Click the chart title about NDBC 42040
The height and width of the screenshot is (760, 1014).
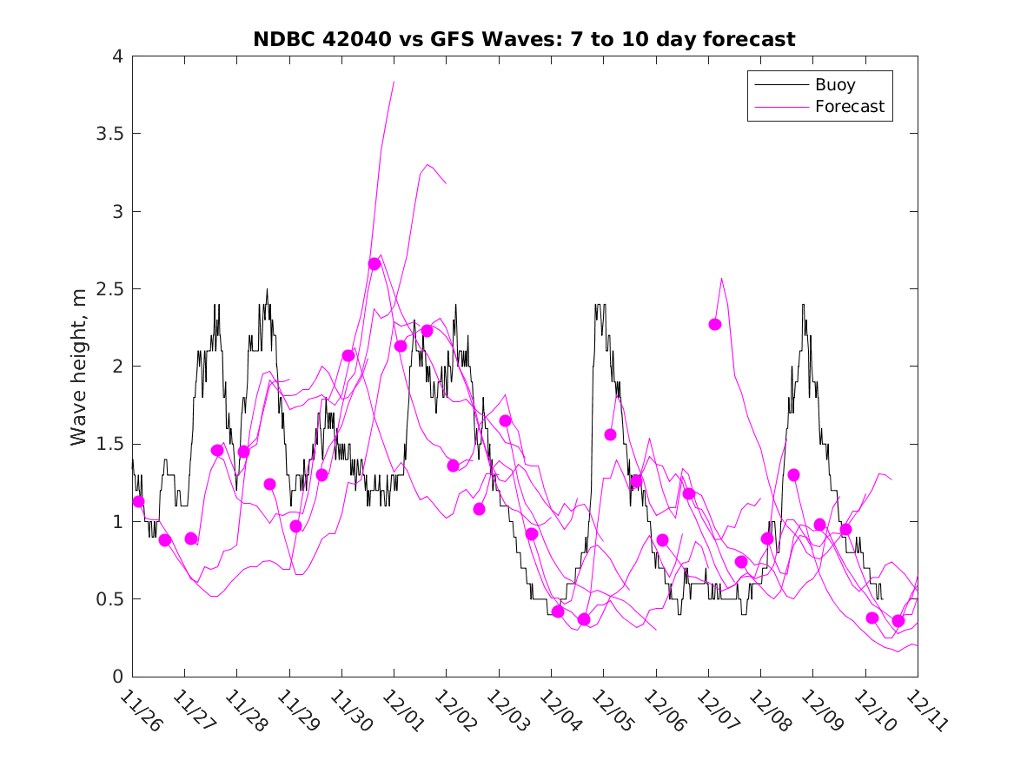click(x=524, y=39)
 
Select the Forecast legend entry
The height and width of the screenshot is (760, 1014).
click(x=849, y=107)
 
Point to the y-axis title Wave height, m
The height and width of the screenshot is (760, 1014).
click(x=79, y=367)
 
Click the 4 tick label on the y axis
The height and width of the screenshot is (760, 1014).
click(x=116, y=56)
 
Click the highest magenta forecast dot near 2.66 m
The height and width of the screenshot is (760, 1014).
click(x=374, y=264)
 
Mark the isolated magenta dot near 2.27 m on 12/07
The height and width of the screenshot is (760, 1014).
click(x=715, y=324)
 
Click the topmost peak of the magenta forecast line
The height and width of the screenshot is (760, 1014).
click(x=394, y=82)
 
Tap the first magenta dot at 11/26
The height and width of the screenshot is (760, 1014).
click(x=138, y=501)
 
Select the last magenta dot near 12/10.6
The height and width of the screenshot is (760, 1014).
click(x=898, y=620)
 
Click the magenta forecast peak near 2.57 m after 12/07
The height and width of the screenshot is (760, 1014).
click(x=722, y=279)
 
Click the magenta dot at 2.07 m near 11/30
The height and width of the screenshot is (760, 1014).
click(x=348, y=355)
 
